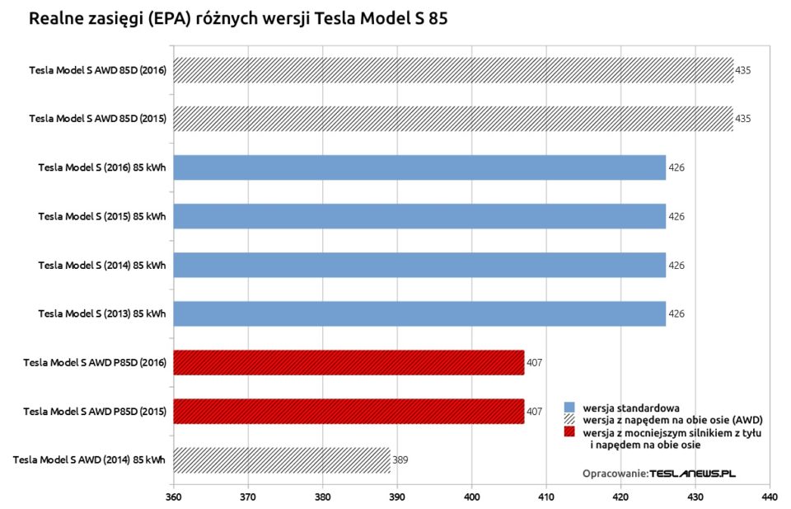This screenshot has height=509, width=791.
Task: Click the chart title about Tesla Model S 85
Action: click(238, 18)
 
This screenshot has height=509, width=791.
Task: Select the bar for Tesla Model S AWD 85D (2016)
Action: click(453, 70)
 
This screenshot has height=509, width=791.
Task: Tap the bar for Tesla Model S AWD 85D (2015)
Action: click(453, 119)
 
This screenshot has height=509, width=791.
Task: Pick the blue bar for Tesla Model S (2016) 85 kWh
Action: click(419, 167)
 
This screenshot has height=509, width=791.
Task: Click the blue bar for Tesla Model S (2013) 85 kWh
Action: click(419, 313)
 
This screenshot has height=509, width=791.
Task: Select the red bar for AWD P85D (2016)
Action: click(349, 362)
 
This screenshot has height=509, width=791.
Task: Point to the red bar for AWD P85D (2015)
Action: click(349, 411)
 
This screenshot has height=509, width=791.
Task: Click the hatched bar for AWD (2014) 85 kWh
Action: click(282, 460)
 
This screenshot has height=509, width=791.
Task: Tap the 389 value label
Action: click(400, 460)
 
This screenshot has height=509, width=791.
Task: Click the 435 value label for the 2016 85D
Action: click(742, 70)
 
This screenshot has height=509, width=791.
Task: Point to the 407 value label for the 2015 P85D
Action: click(534, 411)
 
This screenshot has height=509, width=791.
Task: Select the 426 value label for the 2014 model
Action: click(676, 265)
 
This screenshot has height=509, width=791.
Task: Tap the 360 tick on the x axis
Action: click(173, 497)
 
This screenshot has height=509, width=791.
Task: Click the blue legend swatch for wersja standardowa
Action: click(569, 408)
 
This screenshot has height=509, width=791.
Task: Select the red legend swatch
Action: click(569, 431)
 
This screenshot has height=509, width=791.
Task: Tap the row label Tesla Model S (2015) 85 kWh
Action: click(101, 216)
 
